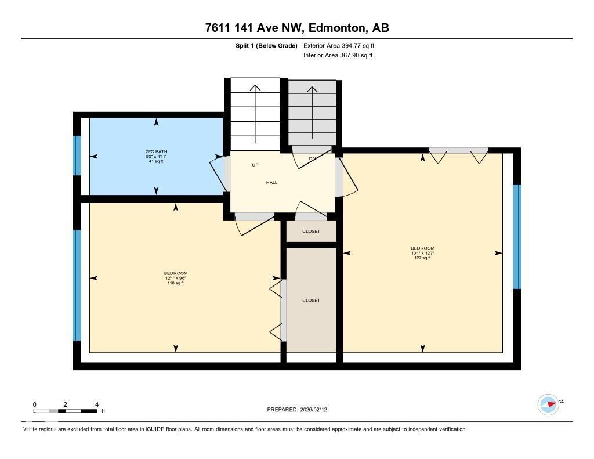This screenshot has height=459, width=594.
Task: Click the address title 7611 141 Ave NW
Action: (x=296, y=28)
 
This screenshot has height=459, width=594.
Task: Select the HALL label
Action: (x=271, y=182)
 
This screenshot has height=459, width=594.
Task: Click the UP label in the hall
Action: (x=255, y=165)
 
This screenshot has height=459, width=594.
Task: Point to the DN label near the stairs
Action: (x=312, y=158)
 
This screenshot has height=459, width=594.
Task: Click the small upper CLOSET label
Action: (x=311, y=231)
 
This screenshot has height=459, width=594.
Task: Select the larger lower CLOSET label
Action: (x=311, y=300)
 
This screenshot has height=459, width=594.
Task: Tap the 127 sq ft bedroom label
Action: (x=422, y=253)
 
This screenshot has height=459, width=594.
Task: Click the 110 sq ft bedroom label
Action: (x=176, y=278)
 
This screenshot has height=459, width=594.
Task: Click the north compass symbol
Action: (x=548, y=404)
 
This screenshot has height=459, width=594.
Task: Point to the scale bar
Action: (x=66, y=411)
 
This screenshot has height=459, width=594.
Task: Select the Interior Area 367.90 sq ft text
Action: (x=338, y=56)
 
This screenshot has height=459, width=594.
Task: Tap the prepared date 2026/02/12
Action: (x=300, y=409)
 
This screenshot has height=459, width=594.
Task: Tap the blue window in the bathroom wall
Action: (x=77, y=156)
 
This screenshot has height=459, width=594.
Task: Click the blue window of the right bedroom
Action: (x=517, y=237)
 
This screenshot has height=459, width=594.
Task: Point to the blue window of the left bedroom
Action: (x=77, y=285)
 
